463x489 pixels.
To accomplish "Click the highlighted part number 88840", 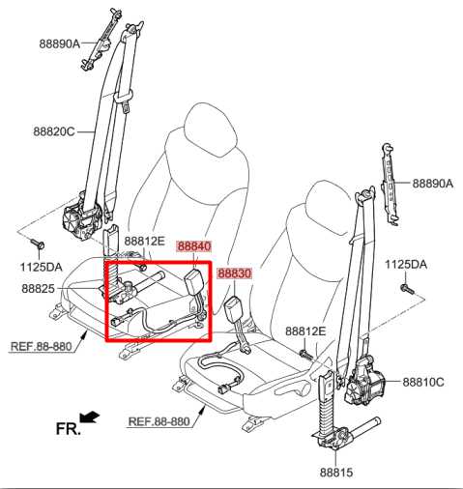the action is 194,246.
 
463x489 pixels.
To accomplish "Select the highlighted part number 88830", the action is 234,273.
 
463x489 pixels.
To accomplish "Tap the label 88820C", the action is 54,131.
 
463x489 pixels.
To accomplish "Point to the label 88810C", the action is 423,383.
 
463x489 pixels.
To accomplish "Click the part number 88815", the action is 336,473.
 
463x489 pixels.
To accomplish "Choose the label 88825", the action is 38,289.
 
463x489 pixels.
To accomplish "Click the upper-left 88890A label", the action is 60,43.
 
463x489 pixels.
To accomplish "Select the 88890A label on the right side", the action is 433,184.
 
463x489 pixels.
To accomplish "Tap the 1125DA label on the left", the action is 42,267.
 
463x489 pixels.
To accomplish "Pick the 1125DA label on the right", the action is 406,265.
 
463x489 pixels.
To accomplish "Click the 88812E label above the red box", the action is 145,241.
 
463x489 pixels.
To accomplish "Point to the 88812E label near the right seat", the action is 305,331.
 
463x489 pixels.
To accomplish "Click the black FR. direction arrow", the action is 90,417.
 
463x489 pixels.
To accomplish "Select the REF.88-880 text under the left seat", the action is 41,346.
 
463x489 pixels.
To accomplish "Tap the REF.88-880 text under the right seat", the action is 159,421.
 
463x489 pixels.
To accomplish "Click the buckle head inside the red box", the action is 194,280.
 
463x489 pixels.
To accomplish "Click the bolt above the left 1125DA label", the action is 37,244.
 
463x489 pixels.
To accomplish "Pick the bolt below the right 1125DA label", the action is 407,288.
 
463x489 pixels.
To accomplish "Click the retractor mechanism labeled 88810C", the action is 363,383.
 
